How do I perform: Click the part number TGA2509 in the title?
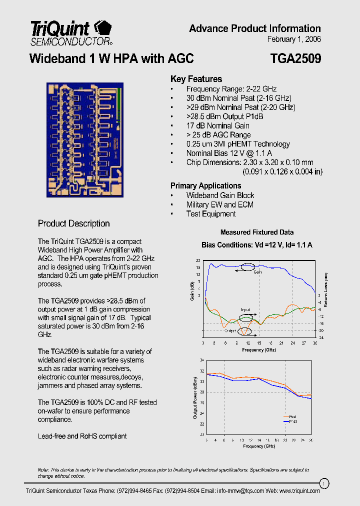295,59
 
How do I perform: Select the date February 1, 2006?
294,39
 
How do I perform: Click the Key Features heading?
196,79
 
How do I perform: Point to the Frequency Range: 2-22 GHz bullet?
231,89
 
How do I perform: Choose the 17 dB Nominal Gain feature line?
217,125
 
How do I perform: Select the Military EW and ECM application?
219,204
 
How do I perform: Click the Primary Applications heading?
205,185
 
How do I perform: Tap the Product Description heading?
74,223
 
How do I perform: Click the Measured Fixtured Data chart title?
257,232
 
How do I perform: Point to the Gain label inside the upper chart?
257,272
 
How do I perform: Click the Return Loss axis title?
325,289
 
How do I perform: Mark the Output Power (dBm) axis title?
195,397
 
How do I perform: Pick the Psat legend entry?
292,416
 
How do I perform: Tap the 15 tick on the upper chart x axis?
259,343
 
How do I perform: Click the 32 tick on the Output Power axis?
202,371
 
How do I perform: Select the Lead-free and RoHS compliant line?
82,436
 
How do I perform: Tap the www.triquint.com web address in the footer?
299,491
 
